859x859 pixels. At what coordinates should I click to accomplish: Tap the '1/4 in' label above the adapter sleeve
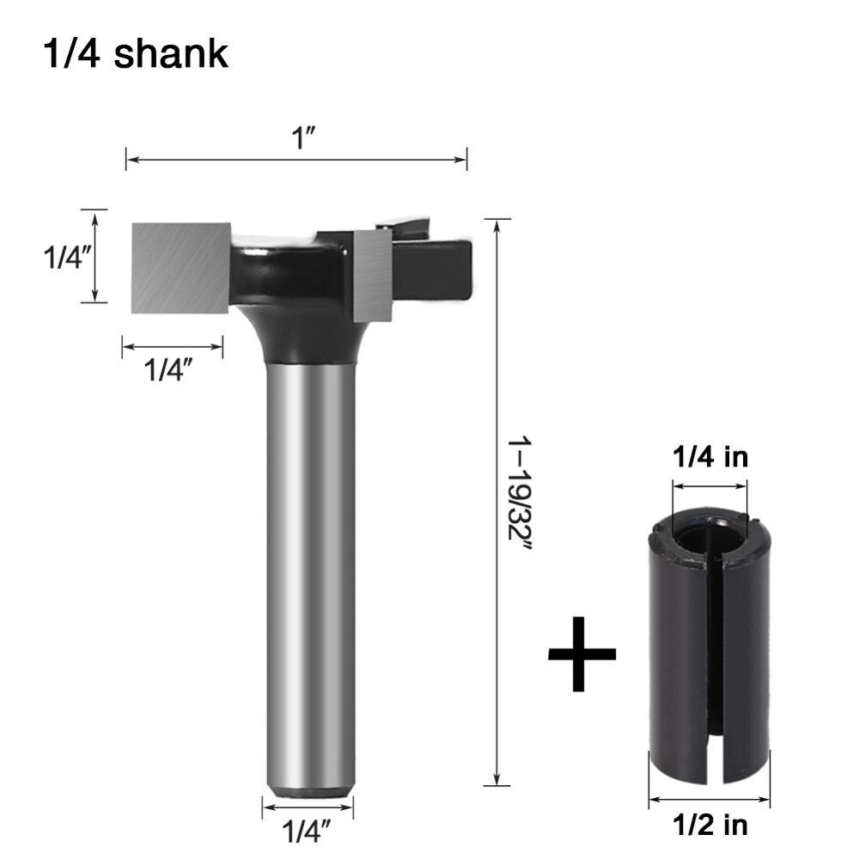(710, 456)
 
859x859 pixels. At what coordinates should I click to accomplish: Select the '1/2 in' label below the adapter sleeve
(710, 825)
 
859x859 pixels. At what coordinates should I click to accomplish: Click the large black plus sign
(582, 653)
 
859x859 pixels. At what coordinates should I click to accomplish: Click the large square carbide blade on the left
(181, 267)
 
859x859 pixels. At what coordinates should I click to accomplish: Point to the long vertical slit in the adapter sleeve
(710, 644)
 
